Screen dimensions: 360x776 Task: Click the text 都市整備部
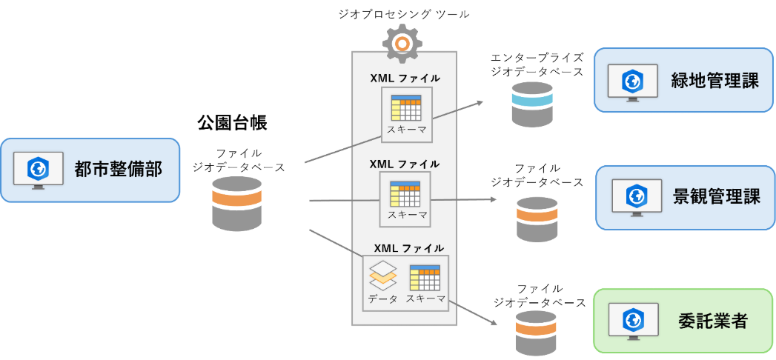[x=118, y=169]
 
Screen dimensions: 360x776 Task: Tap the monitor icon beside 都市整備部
[x=38, y=171]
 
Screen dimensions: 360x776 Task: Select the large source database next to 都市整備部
[x=237, y=203]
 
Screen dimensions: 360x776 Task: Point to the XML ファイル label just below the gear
[x=405, y=78]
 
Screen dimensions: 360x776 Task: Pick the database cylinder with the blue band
[x=532, y=104]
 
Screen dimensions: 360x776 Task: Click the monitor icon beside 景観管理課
[x=635, y=198]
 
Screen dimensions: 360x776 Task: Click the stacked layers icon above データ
[x=382, y=276]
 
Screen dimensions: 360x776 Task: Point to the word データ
[x=382, y=299]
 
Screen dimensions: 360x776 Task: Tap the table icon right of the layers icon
[x=425, y=277]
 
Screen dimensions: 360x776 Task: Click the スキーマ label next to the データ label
[x=425, y=299]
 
